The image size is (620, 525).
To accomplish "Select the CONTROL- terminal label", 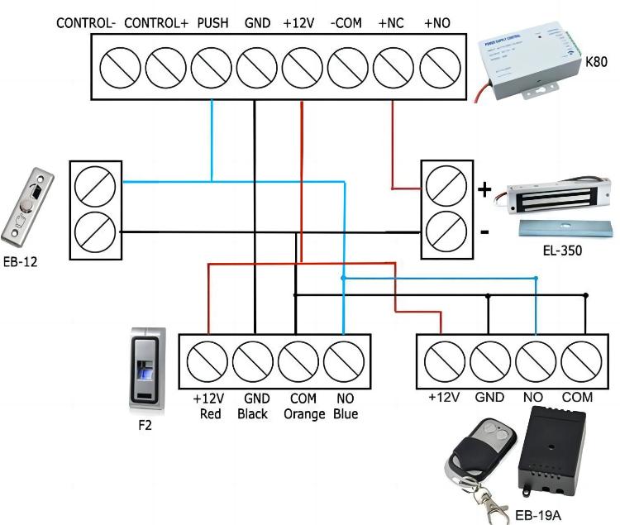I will (86, 23).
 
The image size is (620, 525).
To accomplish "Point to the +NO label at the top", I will (436, 23).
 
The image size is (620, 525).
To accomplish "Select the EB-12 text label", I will (20, 263).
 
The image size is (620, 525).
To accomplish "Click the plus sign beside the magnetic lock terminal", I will (484, 190).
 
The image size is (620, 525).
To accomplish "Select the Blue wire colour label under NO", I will (345, 413).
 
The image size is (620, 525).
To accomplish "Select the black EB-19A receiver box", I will (551, 455).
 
